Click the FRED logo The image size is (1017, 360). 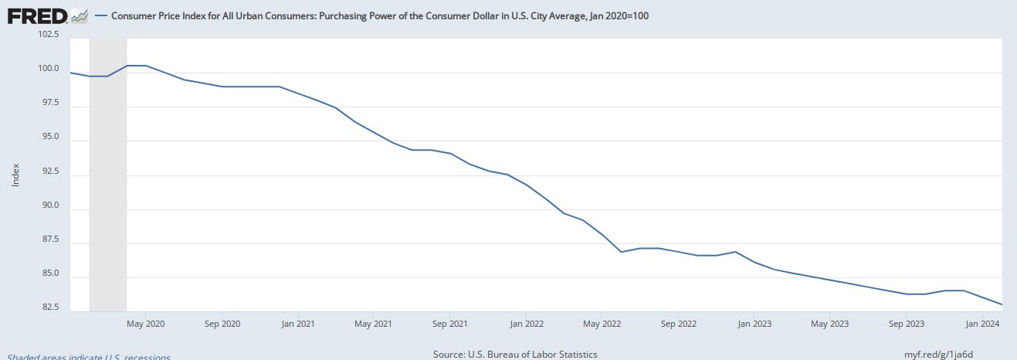tap(48, 15)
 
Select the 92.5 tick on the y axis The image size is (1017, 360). tap(51, 171)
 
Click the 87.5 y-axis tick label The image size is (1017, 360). tap(51, 239)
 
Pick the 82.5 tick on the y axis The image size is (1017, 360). tap(51, 307)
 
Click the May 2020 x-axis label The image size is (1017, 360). tap(145, 324)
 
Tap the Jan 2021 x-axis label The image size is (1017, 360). tap(297, 324)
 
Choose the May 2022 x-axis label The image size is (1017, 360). tap(601, 324)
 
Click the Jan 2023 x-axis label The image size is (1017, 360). tap(752, 324)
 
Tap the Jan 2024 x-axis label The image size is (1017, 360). tap(981, 324)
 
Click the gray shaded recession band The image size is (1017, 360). tap(108, 193)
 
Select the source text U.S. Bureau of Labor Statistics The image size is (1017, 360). tap(515, 355)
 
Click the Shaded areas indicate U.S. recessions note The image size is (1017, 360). tap(88, 356)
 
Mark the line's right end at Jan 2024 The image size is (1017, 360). tap(1002, 304)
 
